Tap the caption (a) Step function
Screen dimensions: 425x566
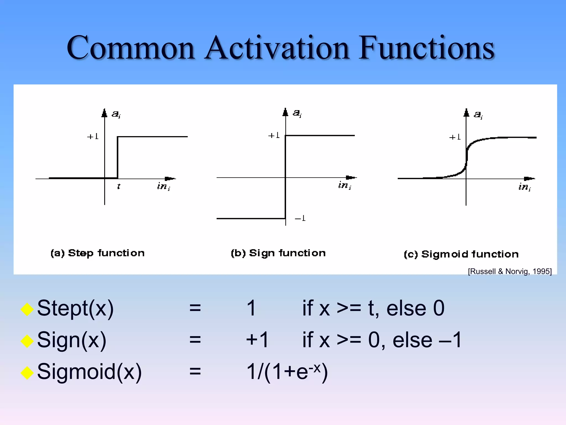[x=97, y=253]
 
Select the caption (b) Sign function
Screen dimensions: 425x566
[x=278, y=253]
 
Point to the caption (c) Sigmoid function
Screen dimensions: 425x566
[x=461, y=254]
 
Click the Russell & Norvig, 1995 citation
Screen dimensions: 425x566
[x=510, y=271]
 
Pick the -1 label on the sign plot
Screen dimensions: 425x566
[x=300, y=218]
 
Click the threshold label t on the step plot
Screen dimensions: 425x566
[x=119, y=186]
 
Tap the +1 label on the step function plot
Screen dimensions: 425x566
[x=93, y=136]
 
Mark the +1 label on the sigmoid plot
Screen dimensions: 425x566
[x=455, y=137]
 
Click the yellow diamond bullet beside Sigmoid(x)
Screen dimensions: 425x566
[x=27, y=372]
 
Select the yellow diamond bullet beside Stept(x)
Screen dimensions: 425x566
[x=27, y=309]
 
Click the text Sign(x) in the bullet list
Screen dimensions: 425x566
[x=72, y=340]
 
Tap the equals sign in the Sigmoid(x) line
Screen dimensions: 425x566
[x=195, y=371]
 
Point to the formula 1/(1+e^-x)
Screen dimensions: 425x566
[x=287, y=372]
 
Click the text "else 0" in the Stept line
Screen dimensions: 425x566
[x=415, y=308]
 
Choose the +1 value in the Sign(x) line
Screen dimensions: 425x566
[x=257, y=340]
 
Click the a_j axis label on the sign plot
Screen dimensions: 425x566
[x=297, y=113]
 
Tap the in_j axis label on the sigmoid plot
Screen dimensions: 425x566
[x=524, y=187]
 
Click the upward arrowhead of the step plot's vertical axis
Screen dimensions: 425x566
[x=104, y=113]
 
